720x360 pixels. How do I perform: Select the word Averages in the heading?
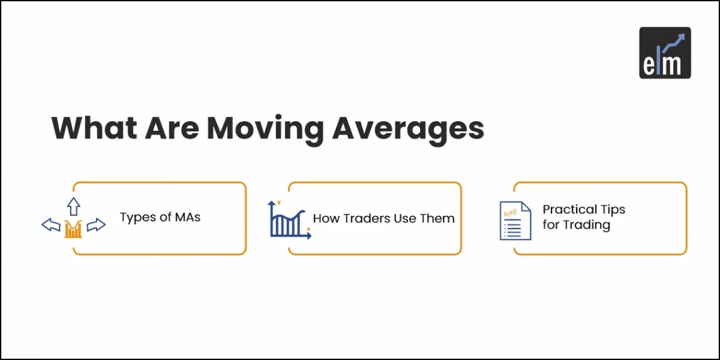pyautogui.click(x=408, y=129)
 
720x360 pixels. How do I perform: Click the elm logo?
pyautogui.click(x=664, y=52)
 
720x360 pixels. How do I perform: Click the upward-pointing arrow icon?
pyautogui.click(x=74, y=207)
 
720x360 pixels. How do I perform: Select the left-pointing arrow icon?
pyautogui.click(x=51, y=225)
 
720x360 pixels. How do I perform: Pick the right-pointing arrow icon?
pyautogui.click(x=96, y=225)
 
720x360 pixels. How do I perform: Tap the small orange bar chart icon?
pyautogui.click(x=73, y=229)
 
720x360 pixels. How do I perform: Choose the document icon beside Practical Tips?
pyautogui.click(x=515, y=220)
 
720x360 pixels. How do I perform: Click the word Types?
pyautogui.click(x=138, y=218)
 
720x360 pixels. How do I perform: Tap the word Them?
pyautogui.click(x=438, y=219)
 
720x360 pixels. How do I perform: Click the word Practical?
pyautogui.click(x=570, y=209)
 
